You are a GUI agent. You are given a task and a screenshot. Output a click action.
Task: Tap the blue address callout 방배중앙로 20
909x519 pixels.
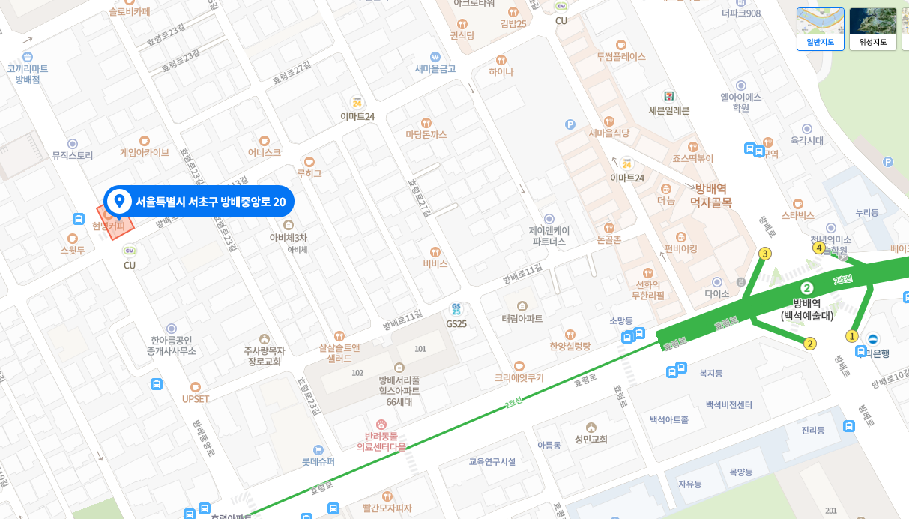pos(199,201)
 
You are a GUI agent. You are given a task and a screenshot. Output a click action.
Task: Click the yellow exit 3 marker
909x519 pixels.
pos(764,253)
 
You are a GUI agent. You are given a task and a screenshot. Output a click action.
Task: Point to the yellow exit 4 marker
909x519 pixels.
pos(819,247)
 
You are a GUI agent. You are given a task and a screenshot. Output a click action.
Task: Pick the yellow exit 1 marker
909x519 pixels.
pos(851,335)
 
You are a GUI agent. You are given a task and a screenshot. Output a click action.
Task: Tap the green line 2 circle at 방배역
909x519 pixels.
pos(807,287)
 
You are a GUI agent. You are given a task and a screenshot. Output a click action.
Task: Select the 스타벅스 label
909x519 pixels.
pos(797,215)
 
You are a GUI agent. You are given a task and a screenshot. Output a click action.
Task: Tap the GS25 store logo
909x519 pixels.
pos(456,309)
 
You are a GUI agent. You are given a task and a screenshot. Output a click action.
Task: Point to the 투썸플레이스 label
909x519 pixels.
pos(620,56)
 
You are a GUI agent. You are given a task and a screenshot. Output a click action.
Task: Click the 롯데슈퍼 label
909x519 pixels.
pos(318,461)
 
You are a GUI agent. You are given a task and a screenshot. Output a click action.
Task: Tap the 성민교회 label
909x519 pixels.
pos(591,439)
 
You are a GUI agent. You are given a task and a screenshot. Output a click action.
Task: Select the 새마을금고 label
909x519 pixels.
pos(435,68)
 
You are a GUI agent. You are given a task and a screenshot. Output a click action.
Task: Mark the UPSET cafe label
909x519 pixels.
pos(196,398)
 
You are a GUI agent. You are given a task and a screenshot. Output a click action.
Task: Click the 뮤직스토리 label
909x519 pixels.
pos(73,155)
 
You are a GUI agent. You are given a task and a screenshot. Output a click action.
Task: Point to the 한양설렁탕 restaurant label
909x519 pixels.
pos(570,346)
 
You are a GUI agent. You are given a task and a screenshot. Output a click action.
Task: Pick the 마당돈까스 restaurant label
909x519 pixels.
pos(426,134)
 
